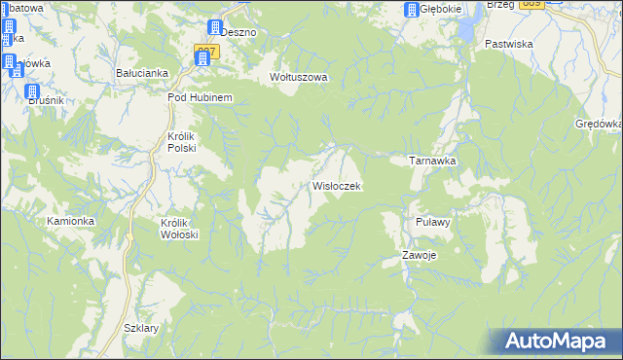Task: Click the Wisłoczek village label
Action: click(337, 186)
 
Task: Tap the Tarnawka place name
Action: click(432, 161)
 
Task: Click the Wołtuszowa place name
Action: click(299, 77)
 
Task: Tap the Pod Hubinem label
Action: click(199, 98)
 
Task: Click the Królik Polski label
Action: click(181, 142)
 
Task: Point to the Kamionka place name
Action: click(70, 221)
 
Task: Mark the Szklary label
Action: click(141, 328)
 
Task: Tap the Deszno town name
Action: click(238, 31)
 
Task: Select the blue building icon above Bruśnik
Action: click(31, 90)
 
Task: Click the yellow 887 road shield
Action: click(205, 49)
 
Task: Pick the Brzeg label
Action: click(499, 5)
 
